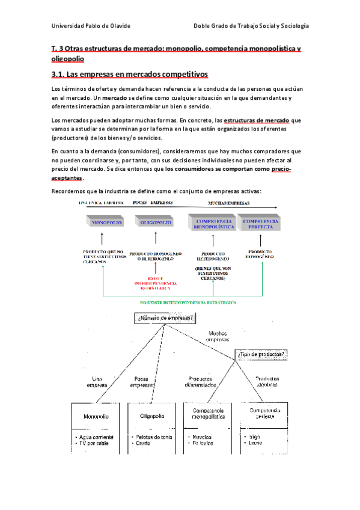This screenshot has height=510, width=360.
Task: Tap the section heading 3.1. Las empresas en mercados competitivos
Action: coord(129,74)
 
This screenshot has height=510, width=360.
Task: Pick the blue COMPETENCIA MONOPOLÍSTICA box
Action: coord(210,223)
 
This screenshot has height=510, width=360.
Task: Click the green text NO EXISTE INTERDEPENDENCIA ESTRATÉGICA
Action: coord(188,303)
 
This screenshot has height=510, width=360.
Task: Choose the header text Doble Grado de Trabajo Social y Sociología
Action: coord(251,26)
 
